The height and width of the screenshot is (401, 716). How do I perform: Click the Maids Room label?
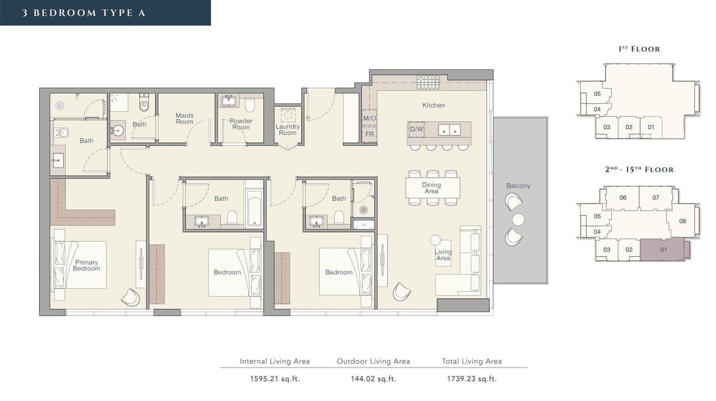tap(184, 119)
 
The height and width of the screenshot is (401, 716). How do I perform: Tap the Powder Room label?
tap(241, 124)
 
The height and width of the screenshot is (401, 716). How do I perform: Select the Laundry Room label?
tap(288, 129)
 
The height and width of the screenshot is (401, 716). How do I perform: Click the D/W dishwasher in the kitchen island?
tap(417, 129)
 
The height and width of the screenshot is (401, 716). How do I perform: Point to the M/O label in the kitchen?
tap(369, 118)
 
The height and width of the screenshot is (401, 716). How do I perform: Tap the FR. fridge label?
tap(370, 134)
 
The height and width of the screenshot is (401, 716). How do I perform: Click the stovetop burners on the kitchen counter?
tap(428, 83)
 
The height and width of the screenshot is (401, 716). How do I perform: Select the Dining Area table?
tap(433, 188)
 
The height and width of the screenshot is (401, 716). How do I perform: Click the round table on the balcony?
tap(518, 220)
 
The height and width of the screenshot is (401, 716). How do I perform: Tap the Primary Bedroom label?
tap(86, 265)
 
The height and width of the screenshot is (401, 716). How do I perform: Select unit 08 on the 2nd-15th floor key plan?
tap(683, 221)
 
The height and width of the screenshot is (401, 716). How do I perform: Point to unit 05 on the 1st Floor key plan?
tap(597, 94)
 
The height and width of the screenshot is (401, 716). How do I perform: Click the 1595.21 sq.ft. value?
tap(275, 379)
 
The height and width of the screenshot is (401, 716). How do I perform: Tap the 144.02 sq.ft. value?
tap(373, 379)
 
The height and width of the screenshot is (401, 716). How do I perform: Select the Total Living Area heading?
tap(472, 361)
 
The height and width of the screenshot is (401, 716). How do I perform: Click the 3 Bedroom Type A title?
tap(84, 13)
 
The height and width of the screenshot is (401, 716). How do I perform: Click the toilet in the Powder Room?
tap(250, 105)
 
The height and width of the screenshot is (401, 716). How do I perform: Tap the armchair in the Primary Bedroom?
tap(131, 297)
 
